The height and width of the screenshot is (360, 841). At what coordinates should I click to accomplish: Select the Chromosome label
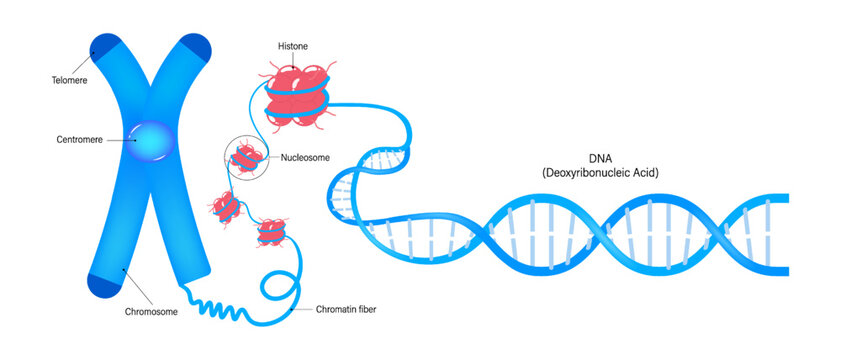(151, 311)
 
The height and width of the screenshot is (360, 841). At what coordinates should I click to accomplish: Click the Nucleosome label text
(304, 157)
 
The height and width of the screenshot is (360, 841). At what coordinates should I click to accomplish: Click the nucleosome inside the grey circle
(246, 157)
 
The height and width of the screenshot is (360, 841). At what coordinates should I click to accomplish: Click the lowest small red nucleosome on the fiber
(271, 234)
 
